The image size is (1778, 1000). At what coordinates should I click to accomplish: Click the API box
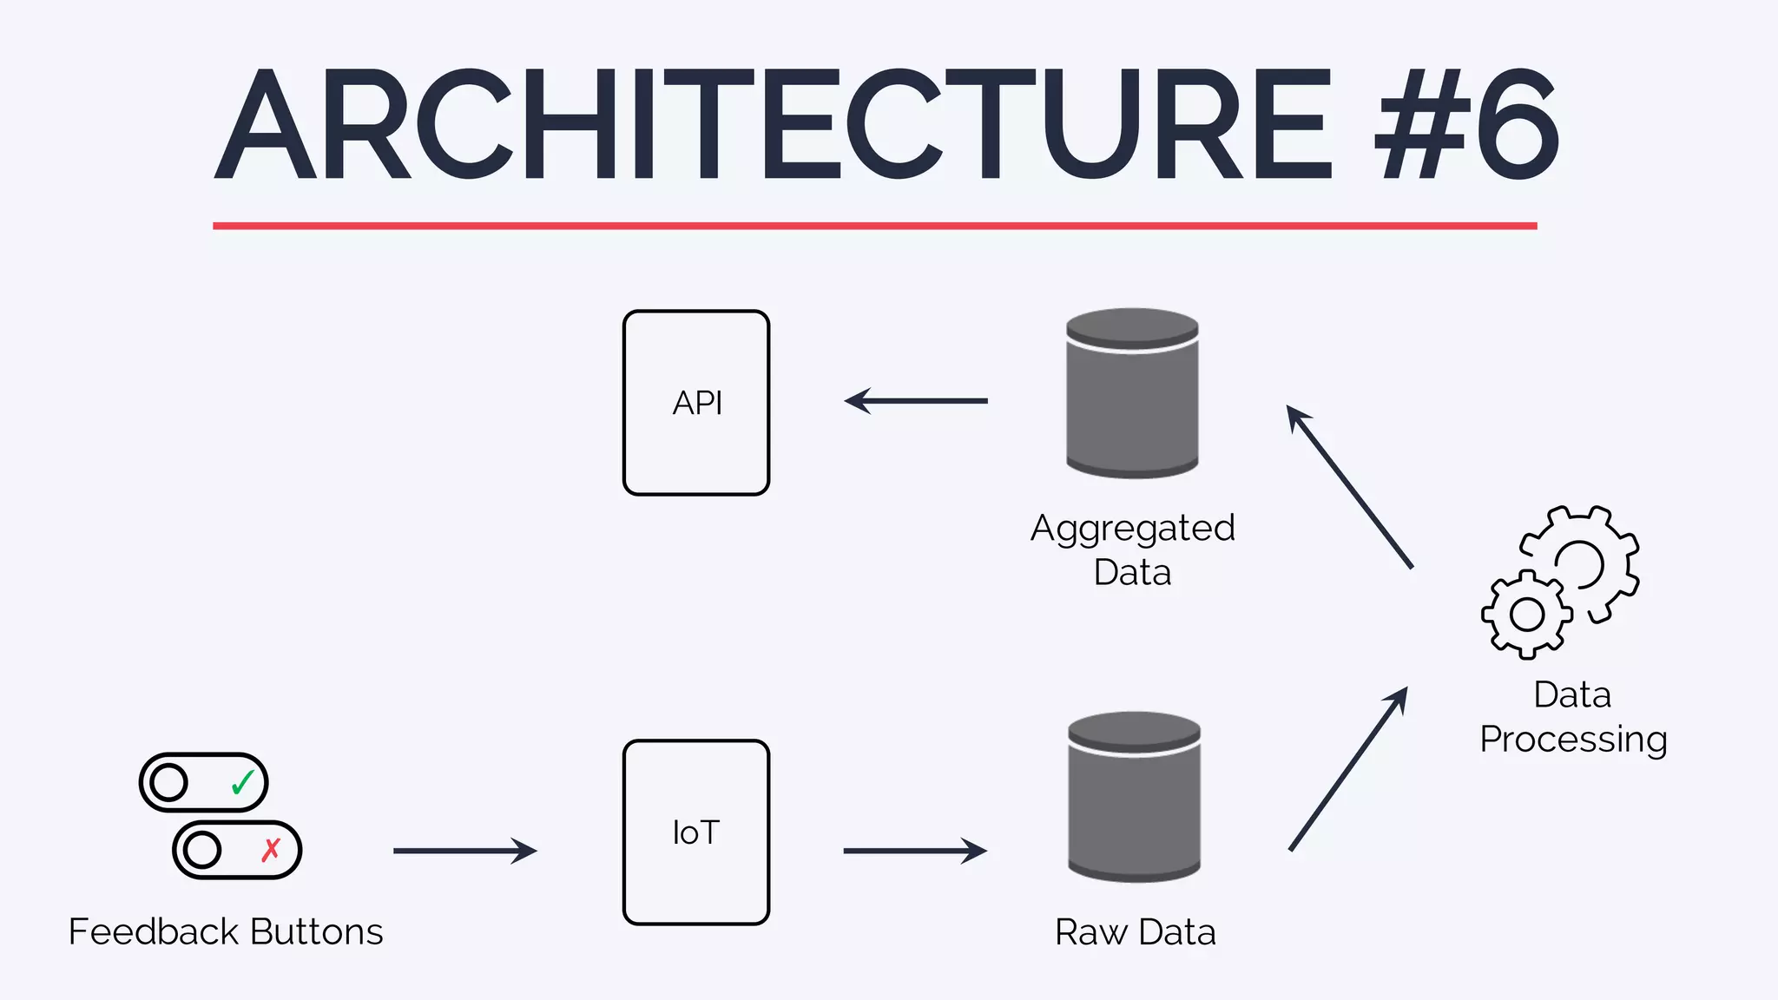click(x=696, y=403)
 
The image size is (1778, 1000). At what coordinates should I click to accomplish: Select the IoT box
click(x=696, y=832)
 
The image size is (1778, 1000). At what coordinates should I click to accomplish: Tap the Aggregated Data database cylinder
click(x=1132, y=395)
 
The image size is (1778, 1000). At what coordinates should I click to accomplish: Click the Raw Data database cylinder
click(x=1134, y=799)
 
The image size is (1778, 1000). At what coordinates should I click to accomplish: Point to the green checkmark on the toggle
click(x=242, y=782)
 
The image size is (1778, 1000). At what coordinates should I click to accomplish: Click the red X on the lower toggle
click(x=271, y=850)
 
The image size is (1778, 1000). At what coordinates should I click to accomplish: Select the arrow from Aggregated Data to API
click(x=916, y=401)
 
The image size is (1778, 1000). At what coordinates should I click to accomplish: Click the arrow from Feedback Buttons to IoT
click(x=465, y=851)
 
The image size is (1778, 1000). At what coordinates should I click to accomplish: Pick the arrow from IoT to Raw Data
click(x=915, y=851)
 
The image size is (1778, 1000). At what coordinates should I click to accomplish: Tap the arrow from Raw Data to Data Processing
click(x=1347, y=769)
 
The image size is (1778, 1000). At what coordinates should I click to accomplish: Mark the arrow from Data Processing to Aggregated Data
click(x=1349, y=486)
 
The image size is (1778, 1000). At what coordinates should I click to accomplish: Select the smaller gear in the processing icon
click(x=1526, y=615)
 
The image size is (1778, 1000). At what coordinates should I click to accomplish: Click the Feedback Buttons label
click(x=226, y=932)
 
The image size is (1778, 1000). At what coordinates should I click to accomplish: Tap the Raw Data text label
click(x=1135, y=932)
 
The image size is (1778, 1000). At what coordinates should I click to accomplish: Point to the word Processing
click(x=1573, y=740)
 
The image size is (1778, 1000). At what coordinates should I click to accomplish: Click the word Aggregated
click(x=1132, y=529)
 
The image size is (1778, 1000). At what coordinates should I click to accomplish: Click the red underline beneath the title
click(x=874, y=226)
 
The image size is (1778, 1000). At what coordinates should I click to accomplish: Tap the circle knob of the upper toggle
click(x=168, y=782)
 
